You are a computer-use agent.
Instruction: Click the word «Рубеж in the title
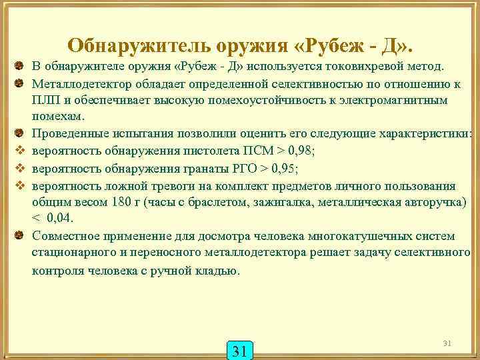point(325,45)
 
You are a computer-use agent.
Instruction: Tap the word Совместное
point(65,236)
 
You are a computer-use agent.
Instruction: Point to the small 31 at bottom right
point(447,343)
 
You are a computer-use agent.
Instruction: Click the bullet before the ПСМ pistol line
point(21,151)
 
